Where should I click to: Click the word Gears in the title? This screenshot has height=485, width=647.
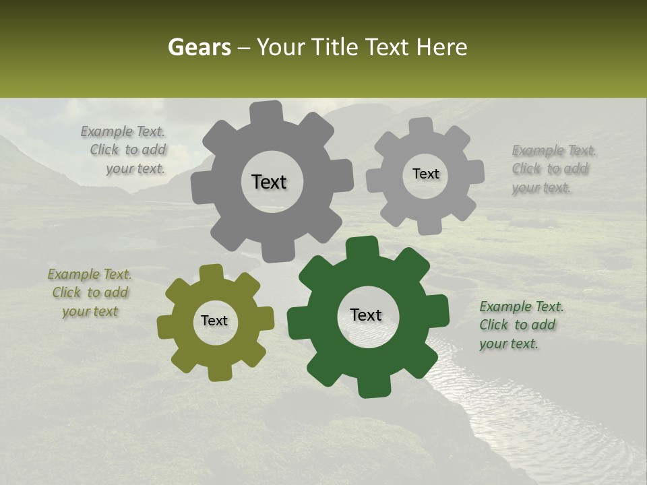(x=199, y=47)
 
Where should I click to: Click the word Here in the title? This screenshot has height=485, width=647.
(x=441, y=47)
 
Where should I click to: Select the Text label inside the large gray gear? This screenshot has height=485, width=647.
(x=269, y=182)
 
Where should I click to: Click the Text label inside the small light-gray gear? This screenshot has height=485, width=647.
(x=425, y=174)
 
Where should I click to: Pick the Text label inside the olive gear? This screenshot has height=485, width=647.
(x=214, y=321)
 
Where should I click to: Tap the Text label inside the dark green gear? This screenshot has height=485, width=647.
(x=366, y=315)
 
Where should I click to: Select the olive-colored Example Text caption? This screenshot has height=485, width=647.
(x=90, y=293)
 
